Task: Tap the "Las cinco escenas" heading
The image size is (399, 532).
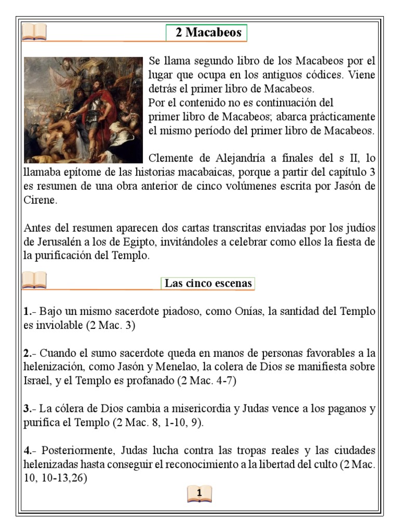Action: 208,284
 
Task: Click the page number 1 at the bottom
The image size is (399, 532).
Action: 200,493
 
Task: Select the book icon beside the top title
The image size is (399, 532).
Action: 34,32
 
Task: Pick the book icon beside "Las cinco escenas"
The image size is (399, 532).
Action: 34,282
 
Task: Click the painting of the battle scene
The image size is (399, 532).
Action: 83,110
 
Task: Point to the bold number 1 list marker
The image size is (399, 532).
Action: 27,312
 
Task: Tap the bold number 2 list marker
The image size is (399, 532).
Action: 27,353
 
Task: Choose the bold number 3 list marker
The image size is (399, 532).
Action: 27,408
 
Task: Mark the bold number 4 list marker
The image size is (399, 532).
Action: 27,450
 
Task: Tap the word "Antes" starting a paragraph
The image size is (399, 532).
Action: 37,228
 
